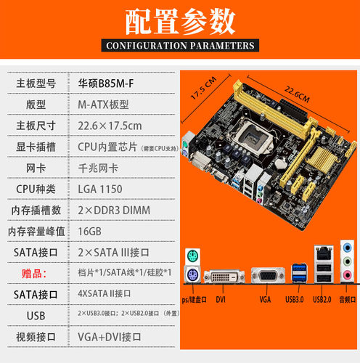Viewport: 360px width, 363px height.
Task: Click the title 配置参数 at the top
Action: [x=179, y=22]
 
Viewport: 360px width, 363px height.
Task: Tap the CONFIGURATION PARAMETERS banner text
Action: [x=179, y=46]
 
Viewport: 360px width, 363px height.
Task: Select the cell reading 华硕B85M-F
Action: [x=105, y=83]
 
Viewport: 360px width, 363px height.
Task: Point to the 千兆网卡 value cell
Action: [x=97, y=168]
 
